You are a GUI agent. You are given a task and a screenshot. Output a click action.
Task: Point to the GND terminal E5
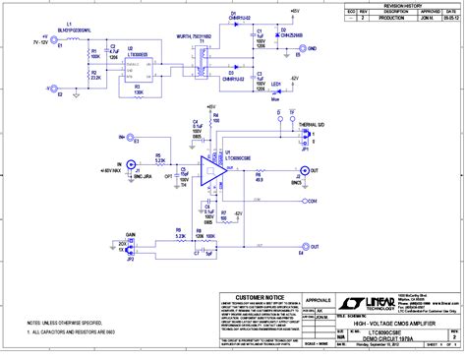click(301, 48)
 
